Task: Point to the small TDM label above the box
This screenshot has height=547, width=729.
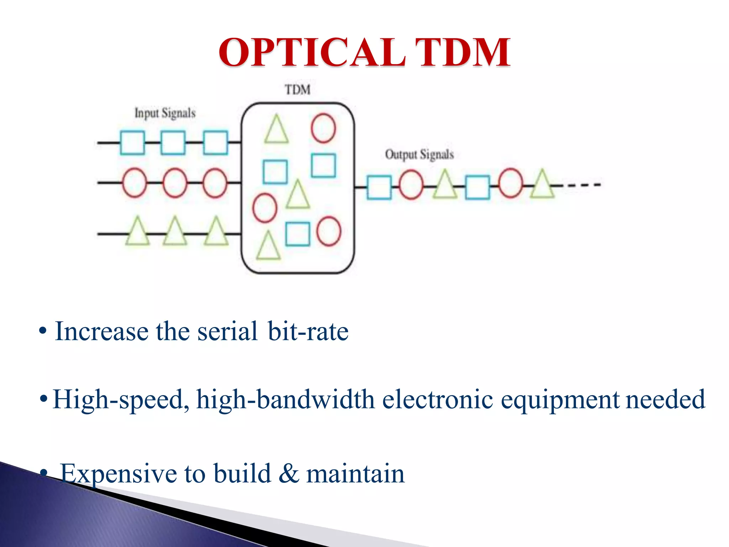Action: [298, 90]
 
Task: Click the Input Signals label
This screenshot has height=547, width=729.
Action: [165, 113]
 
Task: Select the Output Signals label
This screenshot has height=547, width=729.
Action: [419, 155]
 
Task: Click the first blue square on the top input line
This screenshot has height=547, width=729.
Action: [132, 143]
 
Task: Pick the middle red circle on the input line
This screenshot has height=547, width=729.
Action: [175, 183]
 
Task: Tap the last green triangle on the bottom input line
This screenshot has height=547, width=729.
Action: [216, 232]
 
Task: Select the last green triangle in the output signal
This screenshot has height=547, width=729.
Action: [542, 185]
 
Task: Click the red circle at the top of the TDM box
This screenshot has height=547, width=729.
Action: [323, 128]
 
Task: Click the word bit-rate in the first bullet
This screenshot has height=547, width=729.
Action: [308, 332]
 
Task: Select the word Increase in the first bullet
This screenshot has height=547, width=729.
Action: [102, 332]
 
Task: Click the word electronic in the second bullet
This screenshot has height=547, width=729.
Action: [437, 400]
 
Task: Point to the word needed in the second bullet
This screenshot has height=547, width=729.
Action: [665, 400]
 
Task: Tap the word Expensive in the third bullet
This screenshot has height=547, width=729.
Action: [119, 474]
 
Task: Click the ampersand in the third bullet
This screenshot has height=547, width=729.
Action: [289, 474]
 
